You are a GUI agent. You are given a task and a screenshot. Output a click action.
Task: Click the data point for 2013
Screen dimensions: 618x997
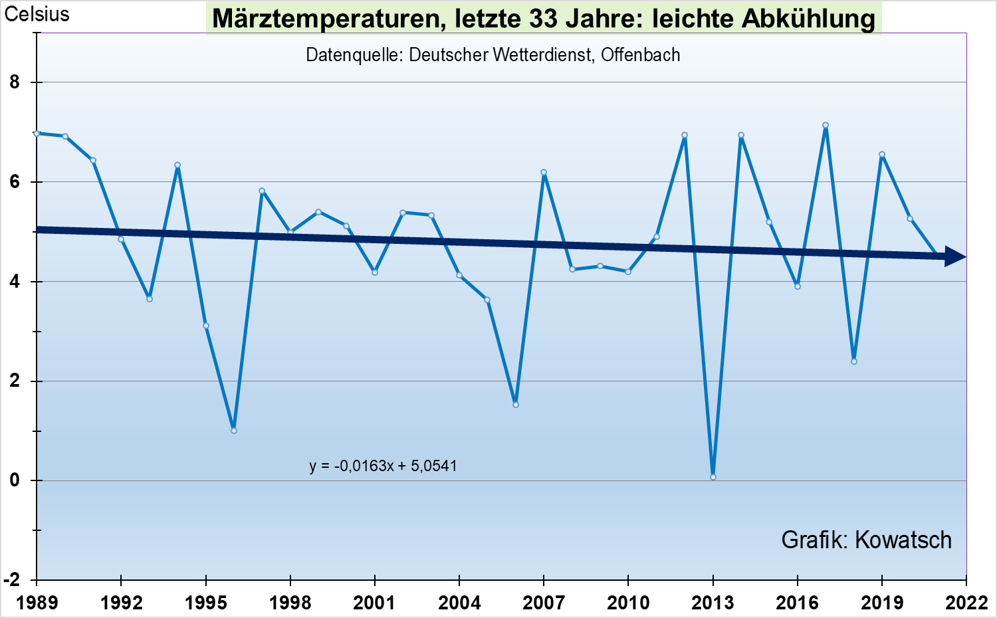point(713,477)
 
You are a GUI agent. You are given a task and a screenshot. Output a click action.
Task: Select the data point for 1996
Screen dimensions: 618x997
point(234,431)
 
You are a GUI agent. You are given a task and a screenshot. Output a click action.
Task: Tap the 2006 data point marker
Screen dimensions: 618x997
point(516,405)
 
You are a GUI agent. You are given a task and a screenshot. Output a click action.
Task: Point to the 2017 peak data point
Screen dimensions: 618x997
point(826,125)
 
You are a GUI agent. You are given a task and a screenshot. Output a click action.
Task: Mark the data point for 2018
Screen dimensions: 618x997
point(854,361)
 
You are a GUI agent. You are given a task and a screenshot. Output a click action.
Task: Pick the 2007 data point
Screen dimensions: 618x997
point(544,172)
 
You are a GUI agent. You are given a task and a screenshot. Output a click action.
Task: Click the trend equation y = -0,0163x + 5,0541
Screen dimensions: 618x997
point(384,466)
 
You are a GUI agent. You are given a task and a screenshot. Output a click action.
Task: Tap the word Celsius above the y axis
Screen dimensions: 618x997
point(37,14)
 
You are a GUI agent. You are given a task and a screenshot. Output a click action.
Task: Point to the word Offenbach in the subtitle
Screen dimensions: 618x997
point(641,54)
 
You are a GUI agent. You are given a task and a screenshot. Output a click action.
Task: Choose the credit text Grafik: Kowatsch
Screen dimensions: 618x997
point(866,540)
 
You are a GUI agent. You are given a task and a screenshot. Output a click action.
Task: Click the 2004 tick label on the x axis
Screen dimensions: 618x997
point(459,603)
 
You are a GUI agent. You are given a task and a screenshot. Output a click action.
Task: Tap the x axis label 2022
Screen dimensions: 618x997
point(966,603)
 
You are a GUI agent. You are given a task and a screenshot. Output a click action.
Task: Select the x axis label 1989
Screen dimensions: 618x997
point(37,603)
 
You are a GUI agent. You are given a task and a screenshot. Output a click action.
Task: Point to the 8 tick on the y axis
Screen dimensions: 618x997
point(15,82)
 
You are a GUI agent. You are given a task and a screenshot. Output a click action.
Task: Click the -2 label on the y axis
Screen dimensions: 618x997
point(12,580)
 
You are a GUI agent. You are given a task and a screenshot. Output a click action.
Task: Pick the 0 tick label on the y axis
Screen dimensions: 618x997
point(15,480)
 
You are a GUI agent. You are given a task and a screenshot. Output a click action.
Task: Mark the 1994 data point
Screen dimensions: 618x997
point(177,165)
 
